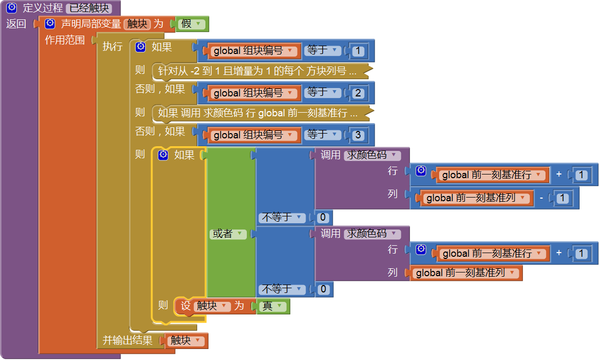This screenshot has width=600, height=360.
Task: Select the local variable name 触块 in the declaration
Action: [x=137, y=24]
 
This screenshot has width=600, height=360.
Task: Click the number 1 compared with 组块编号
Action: [x=358, y=51]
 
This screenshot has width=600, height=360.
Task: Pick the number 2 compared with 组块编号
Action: [x=358, y=93]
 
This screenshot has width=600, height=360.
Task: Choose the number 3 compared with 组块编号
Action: [x=358, y=135]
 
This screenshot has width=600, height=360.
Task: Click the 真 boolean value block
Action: [x=272, y=307]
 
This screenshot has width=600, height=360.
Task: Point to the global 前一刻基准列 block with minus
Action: [x=474, y=198]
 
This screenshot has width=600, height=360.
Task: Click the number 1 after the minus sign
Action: [x=562, y=198]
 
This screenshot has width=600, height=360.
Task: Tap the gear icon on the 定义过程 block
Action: [x=12, y=8]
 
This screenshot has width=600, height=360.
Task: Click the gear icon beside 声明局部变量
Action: [x=50, y=24]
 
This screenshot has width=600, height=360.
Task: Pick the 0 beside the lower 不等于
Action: [x=323, y=289]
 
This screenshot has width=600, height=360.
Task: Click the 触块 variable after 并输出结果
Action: [x=186, y=341]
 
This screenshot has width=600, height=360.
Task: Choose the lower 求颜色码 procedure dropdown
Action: [x=372, y=234]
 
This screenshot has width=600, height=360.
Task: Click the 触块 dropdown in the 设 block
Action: [x=212, y=306]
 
